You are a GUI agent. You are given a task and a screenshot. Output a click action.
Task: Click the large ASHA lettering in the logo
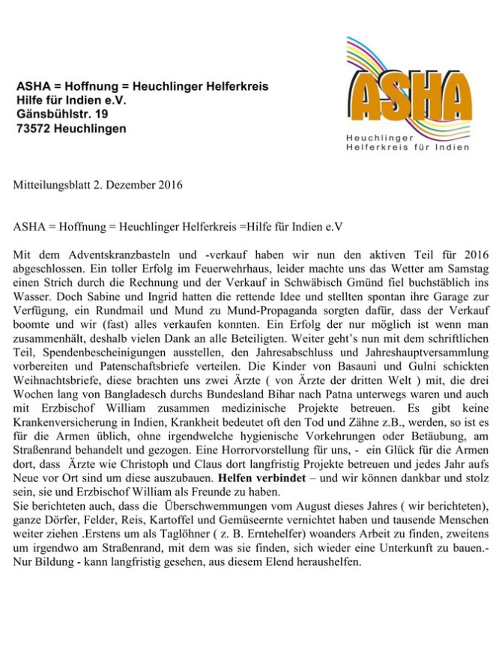pos(409,98)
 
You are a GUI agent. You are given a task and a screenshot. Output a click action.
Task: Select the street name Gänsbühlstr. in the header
pos(52,115)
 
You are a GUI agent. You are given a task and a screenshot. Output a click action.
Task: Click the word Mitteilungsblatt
pos(48,184)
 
